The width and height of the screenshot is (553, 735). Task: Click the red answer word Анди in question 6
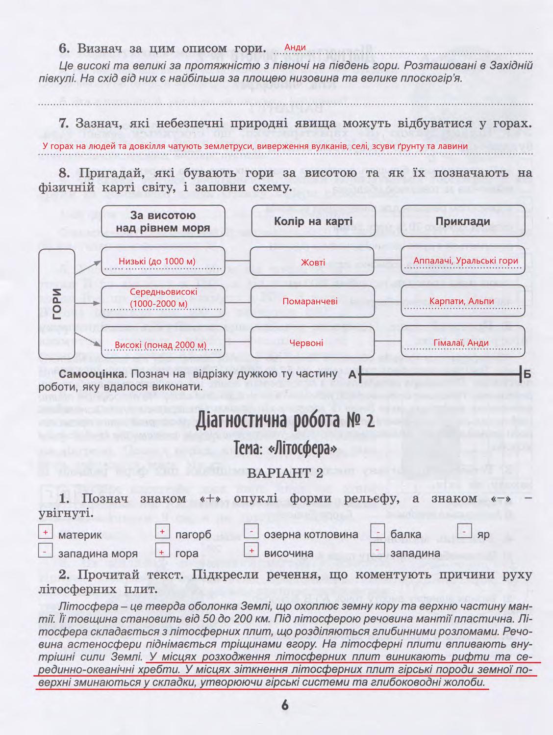point(295,47)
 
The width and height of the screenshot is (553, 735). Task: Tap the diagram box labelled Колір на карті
point(313,221)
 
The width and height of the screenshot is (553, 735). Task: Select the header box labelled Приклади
point(463,221)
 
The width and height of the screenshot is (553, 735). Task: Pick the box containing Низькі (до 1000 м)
point(163,262)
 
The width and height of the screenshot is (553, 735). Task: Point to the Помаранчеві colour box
point(313,301)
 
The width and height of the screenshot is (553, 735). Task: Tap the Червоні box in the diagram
point(313,342)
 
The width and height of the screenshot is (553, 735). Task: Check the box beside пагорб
point(162,532)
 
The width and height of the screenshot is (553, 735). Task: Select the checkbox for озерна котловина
point(251,532)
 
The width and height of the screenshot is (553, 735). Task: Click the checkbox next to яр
point(464,532)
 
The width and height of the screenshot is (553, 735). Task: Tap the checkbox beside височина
point(251,551)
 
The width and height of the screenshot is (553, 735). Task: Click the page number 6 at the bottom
point(285,705)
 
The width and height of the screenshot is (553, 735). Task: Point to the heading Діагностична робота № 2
point(285,421)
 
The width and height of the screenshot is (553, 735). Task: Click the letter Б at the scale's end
point(528,375)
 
